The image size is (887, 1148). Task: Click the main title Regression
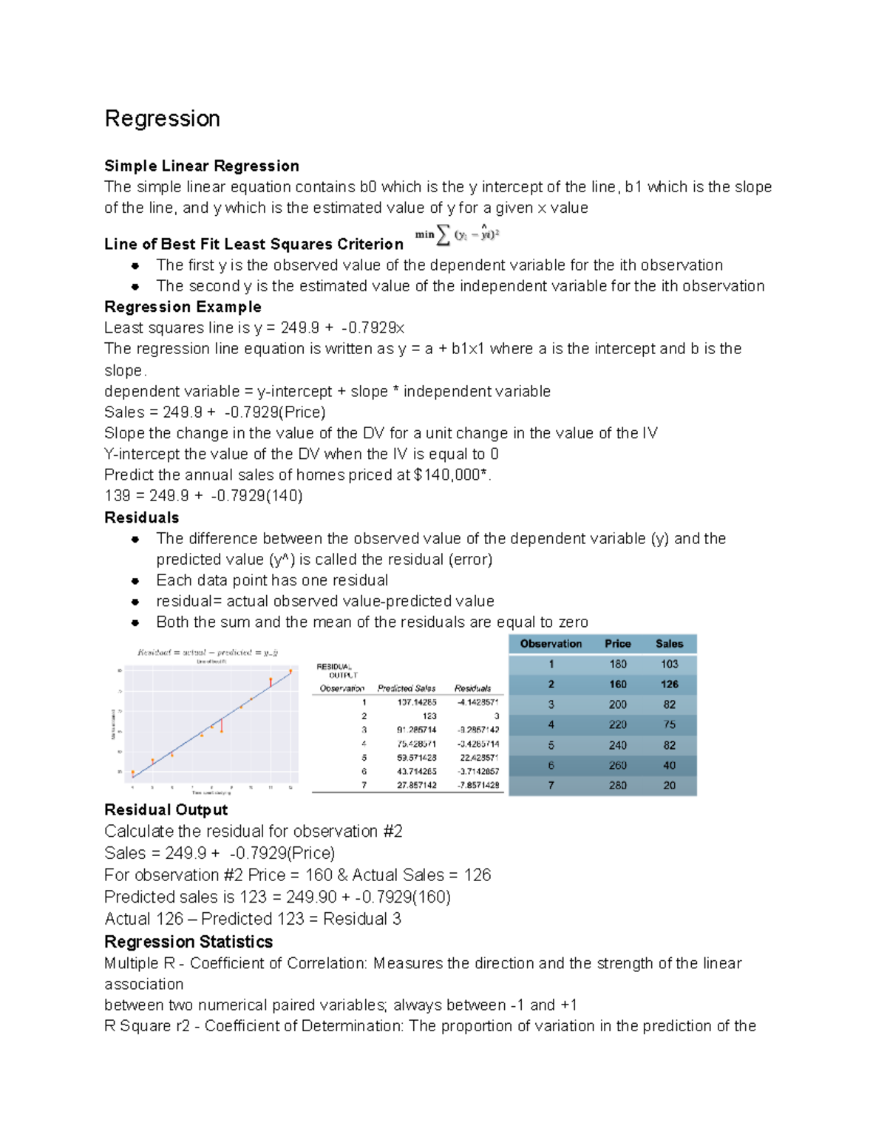point(162,119)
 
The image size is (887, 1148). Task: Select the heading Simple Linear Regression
point(201,166)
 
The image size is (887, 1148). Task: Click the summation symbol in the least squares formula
point(443,235)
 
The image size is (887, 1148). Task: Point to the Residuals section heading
point(141,517)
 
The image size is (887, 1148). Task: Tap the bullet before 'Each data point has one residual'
point(135,581)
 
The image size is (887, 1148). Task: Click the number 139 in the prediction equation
point(117,496)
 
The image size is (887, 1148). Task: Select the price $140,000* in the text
point(451,475)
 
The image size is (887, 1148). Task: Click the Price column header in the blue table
point(617,644)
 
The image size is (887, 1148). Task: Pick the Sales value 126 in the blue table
point(669,685)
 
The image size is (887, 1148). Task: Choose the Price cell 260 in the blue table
point(617,766)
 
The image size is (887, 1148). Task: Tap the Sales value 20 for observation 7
point(669,786)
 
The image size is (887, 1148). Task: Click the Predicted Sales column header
point(406,688)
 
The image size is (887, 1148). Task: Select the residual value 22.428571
point(478,758)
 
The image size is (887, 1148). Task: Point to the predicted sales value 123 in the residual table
point(429,716)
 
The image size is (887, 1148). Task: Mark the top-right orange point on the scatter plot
point(290,671)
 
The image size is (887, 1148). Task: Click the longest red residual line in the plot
point(222,726)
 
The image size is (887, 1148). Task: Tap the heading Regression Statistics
point(188,942)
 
